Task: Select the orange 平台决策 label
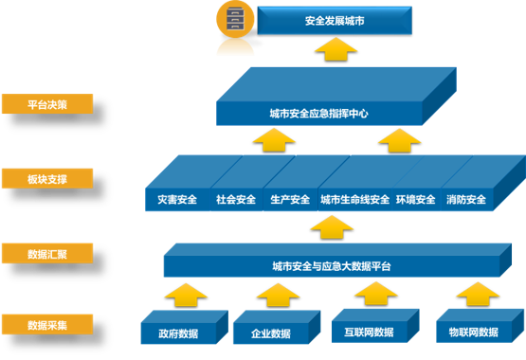point(47,105)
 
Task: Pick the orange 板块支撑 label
point(47,178)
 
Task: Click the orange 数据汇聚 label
point(47,253)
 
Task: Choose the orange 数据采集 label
point(47,324)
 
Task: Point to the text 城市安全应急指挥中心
point(318,115)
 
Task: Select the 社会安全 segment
point(235,200)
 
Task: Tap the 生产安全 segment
point(290,200)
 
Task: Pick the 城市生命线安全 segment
point(354,200)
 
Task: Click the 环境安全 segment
point(415,200)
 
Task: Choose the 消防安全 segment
point(466,200)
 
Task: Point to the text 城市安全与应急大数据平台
point(331,267)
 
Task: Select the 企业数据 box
point(271,333)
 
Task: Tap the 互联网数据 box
point(369,332)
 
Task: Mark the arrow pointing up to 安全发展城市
point(330,49)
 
